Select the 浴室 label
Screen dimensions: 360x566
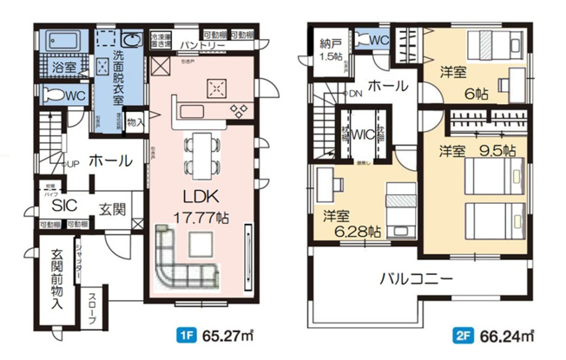click(x=61, y=67)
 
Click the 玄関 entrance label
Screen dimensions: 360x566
click(x=110, y=208)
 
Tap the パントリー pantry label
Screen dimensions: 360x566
click(x=205, y=46)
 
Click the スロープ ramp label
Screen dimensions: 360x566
click(x=93, y=309)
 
